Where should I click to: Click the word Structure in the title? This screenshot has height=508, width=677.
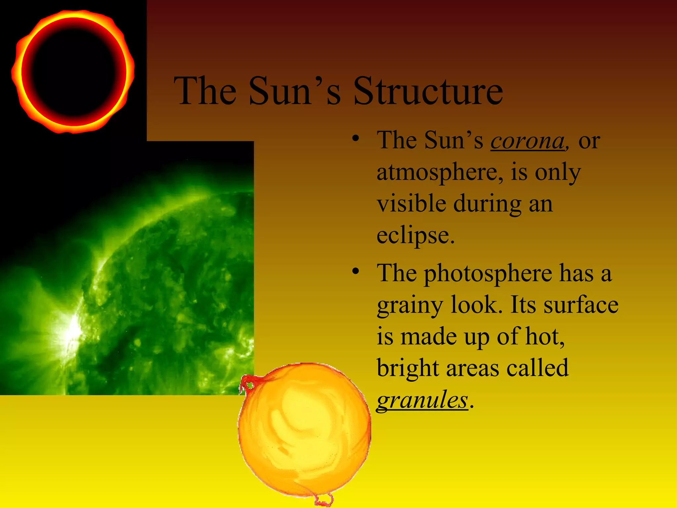(x=428, y=91)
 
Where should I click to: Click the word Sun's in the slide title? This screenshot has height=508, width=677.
(x=294, y=91)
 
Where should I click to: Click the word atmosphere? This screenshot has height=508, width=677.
(x=440, y=173)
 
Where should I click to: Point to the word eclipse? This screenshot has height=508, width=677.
(x=416, y=235)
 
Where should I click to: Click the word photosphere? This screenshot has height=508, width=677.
(x=488, y=274)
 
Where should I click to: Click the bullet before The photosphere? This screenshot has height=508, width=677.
(x=355, y=271)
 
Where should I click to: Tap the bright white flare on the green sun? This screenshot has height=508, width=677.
(x=73, y=331)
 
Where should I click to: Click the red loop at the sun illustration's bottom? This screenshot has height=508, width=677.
(x=323, y=499)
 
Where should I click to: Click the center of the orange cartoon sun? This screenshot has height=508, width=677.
(x=304, y=430)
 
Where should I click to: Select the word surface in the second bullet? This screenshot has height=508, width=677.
(x=581, y=305)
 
